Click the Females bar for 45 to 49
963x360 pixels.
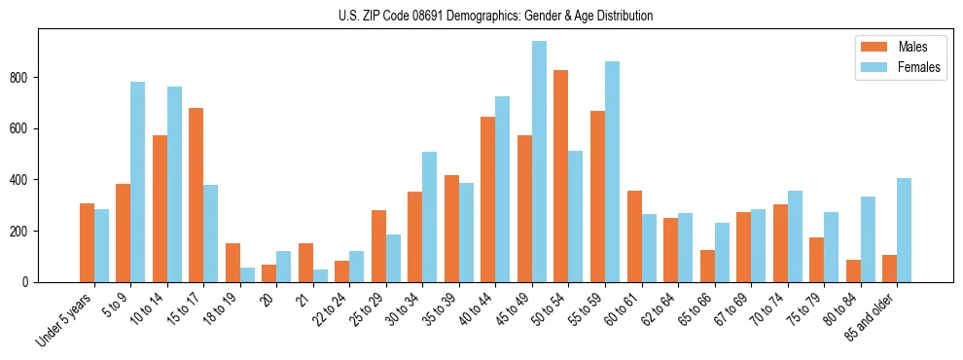pos(539,162)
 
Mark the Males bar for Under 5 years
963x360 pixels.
pos(87,242)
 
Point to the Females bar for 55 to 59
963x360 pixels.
pos(612,171)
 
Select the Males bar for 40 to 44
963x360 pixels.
pos(488,199)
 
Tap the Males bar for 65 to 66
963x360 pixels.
pos(707,266)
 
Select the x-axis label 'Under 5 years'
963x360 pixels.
pos(64,319)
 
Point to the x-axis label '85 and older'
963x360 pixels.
pos(869,317)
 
